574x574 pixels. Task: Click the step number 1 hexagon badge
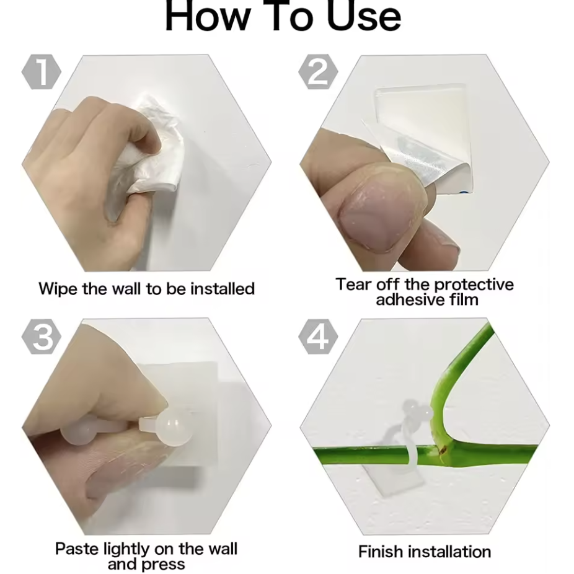coord(42,72)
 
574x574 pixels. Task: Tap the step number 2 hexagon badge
coord(318,72)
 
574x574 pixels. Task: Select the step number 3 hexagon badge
coord(42,337)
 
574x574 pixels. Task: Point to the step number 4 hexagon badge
coord(318,337)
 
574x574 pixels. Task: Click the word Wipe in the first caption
coord(58,289)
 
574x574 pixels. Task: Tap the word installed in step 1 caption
coord(223,288)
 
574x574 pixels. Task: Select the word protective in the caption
coord(474,285)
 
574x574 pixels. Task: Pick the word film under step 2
coord(464,299)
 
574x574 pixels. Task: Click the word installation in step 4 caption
coord(449,552)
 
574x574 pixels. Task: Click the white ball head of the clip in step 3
coord(174,426)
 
